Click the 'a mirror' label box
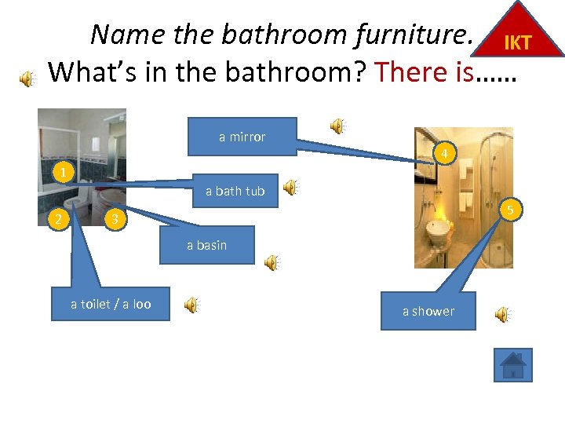click(242, 137)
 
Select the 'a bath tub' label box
click(235, 191)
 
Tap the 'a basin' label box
click(207, 245)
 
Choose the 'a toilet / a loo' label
click(111, 305)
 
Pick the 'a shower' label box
click(428, 311)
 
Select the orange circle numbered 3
click(115, 219)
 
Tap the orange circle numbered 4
click(444, 153)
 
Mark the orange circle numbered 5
click(509, 210)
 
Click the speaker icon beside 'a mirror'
click(338, 126)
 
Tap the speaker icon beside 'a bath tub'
click(291, 187)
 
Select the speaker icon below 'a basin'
click(272, 263)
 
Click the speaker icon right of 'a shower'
click(502, 315)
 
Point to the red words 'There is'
click(424, 72)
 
